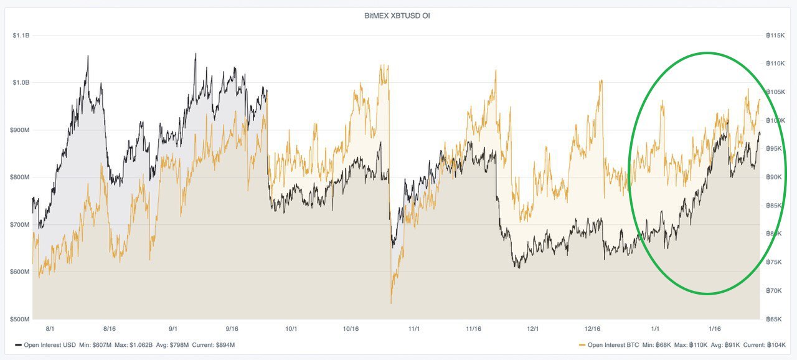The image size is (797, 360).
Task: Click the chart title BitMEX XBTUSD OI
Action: click(x=397, y=16)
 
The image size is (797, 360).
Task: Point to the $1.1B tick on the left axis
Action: click(x=21, y=36)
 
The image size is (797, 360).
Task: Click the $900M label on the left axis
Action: click(x=21, y=130)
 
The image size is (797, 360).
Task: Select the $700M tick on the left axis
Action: click(x=21, y=224)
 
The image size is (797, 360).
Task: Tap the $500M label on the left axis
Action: click(x=21, y=319)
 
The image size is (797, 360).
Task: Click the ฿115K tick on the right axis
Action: click(x=775, y=36)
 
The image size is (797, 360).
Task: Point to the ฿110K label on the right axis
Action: click(x=775, y=64)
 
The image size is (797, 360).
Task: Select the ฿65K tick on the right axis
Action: click(x=775, y=319)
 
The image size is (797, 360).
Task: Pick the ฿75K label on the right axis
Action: click(x=775, y=262)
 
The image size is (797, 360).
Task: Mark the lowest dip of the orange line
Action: click(x=391, y=303)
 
